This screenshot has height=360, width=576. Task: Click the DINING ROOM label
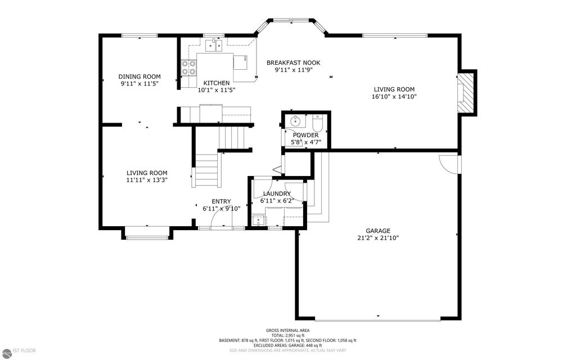click(x=139, y=76)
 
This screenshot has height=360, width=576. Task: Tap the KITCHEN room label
click(x=216, y=83)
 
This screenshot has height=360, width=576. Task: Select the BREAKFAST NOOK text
click(x=293, y=62)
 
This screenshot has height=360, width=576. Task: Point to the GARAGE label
click(x=377, y=231)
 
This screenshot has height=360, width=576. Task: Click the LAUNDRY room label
click(x=276, y=193)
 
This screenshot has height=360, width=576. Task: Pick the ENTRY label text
click(x=221, y=201)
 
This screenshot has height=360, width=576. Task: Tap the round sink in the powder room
click(x=295, y=120)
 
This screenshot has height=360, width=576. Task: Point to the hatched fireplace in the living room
click(x=465, y=92)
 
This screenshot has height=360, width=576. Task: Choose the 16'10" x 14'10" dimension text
click(x=394, y=96)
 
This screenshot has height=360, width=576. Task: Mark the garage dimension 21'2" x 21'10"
click(x=377, y=237)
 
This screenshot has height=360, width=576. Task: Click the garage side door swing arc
click(x=448, y=163)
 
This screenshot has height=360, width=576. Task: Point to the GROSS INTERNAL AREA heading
click(x=287, y=330)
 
